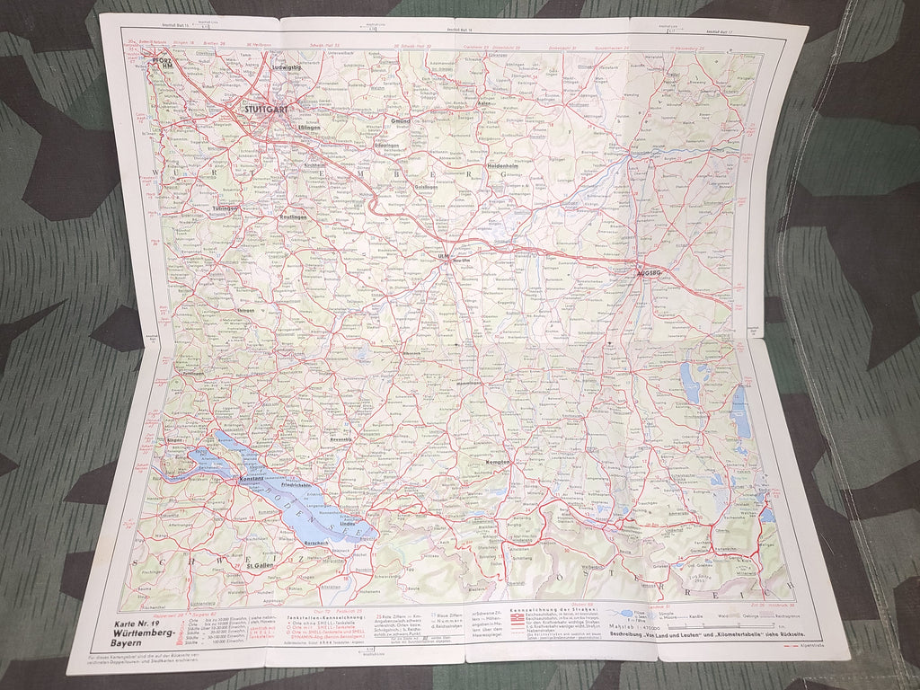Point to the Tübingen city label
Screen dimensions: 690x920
coord(225,208)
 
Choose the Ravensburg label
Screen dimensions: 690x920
coord(341,439)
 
